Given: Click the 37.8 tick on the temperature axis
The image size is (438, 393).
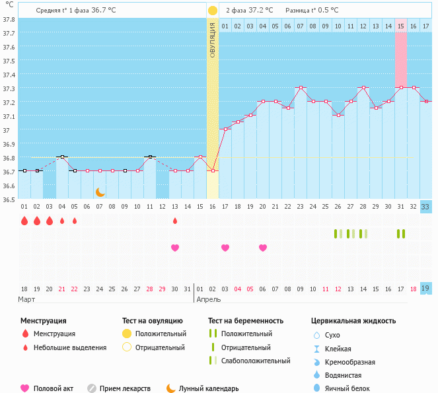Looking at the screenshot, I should coord(9,19).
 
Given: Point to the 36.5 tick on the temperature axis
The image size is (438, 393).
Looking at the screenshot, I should coord(9,199).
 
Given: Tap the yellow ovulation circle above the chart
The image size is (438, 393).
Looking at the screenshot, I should coord(213,11).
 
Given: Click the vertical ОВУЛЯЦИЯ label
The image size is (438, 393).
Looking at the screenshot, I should coord(213,40).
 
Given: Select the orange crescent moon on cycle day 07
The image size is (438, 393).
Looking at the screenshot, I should coord(100,192).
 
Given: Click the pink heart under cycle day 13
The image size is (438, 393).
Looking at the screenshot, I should coord(175,248).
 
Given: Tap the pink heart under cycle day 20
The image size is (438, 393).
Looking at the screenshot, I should coord(263,248).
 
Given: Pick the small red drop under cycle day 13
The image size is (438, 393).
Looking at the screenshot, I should coord(175,221).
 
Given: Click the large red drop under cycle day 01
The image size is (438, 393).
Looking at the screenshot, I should coord(24,221).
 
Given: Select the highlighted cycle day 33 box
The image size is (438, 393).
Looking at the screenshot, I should coord(426,206).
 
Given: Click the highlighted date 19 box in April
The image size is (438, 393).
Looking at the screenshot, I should coord(426,289).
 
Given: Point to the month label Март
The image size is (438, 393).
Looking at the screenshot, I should coord(26,299).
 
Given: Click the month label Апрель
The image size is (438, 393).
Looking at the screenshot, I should coord(211,299).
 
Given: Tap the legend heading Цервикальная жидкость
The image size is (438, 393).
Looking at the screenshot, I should coord(353,321).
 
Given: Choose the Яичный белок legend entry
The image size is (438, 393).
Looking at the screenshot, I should coord(351,389).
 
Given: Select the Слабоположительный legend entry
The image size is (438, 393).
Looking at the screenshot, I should coord(256,361).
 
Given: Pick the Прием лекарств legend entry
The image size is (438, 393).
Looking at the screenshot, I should coord(125,389).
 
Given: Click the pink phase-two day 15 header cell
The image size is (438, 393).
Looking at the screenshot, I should coord(401,26).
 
